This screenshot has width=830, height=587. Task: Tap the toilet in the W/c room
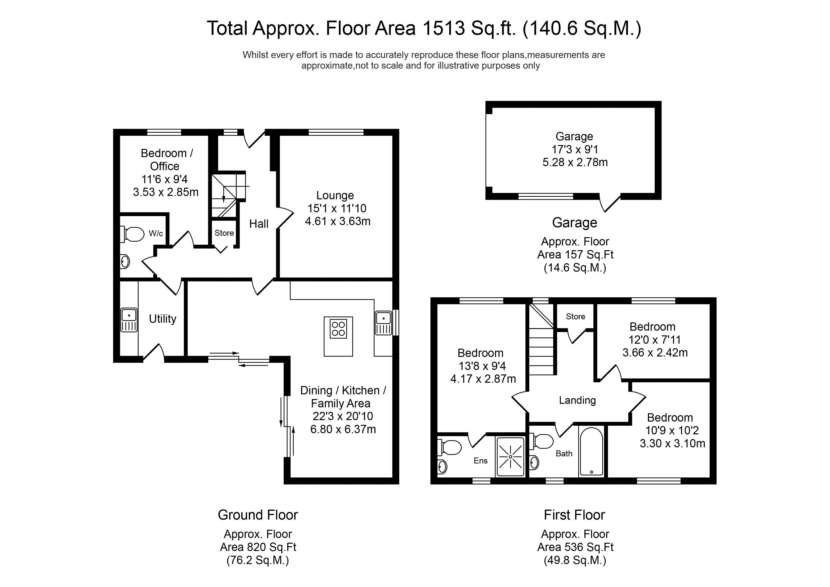[x=132, y=234]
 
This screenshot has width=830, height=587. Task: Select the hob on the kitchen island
[x=338, y=329]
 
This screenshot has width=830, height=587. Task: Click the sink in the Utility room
[x=129, y=320]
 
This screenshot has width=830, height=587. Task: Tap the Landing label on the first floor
[x=577, y=400]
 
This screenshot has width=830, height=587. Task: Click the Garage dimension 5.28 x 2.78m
[x=575, y=162]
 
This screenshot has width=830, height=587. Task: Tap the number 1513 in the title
[x=443, y=28]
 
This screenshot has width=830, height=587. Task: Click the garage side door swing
[x=610, y=203]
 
